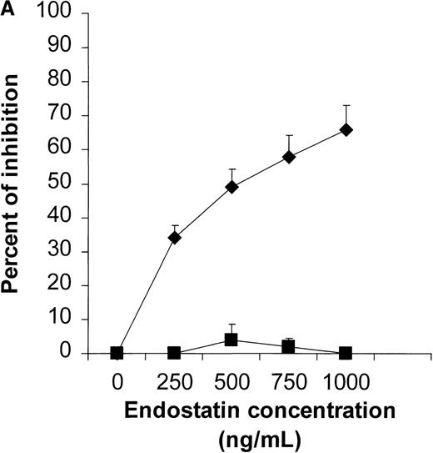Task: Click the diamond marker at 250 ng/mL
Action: pyautogui.click(x=174, y=238)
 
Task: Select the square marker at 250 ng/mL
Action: pyautogui.click(x=174, y=353)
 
